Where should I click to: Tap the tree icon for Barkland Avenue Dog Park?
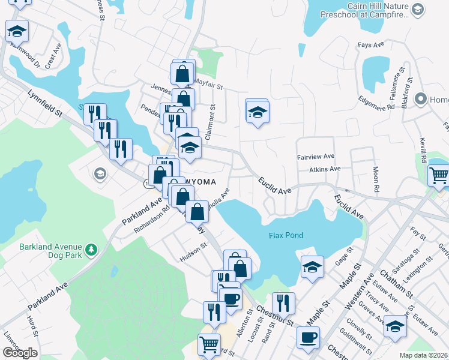91,248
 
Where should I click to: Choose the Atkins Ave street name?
325,170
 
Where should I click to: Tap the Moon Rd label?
376,179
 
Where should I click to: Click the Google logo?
20,353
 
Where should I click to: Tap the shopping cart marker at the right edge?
439,175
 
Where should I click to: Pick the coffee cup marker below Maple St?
308,337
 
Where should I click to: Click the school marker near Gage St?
312,266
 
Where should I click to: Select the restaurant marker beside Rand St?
283,302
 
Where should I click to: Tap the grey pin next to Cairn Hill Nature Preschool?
418,10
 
